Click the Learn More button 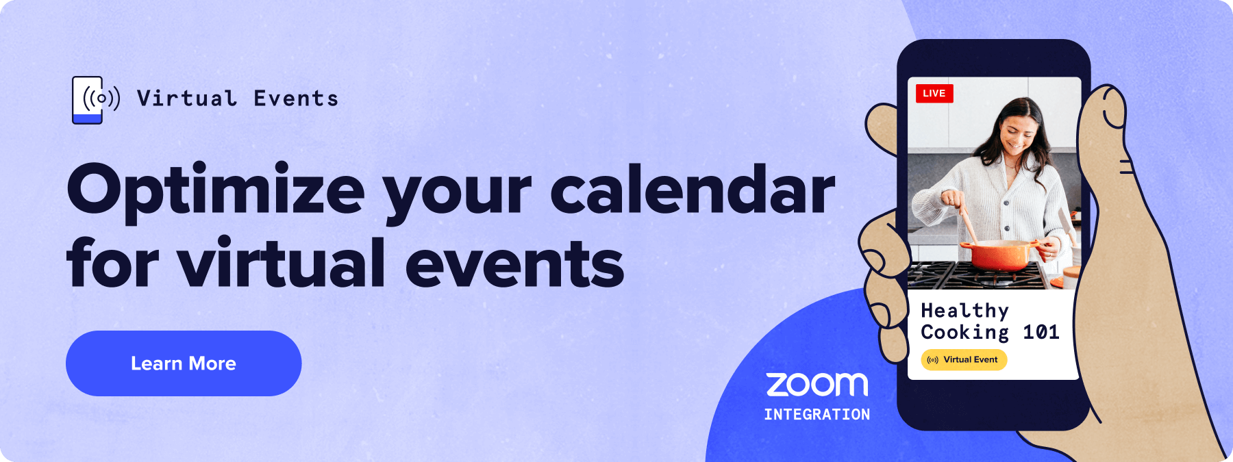(x=184, y=363)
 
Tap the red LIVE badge (x=934, y=93)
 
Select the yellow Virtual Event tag (x=964, y=360)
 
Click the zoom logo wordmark (x=817, y=385)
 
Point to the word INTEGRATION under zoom (x=817, y=415)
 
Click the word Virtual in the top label (x=187, y=99)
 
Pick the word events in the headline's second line (x=514, y=264)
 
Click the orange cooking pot (x=1001, y=255)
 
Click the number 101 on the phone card (x=1041, y=333)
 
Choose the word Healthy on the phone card (x=964, y=311)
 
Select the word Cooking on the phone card (x=964, y=333)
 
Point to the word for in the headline (x=113, y=261)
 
